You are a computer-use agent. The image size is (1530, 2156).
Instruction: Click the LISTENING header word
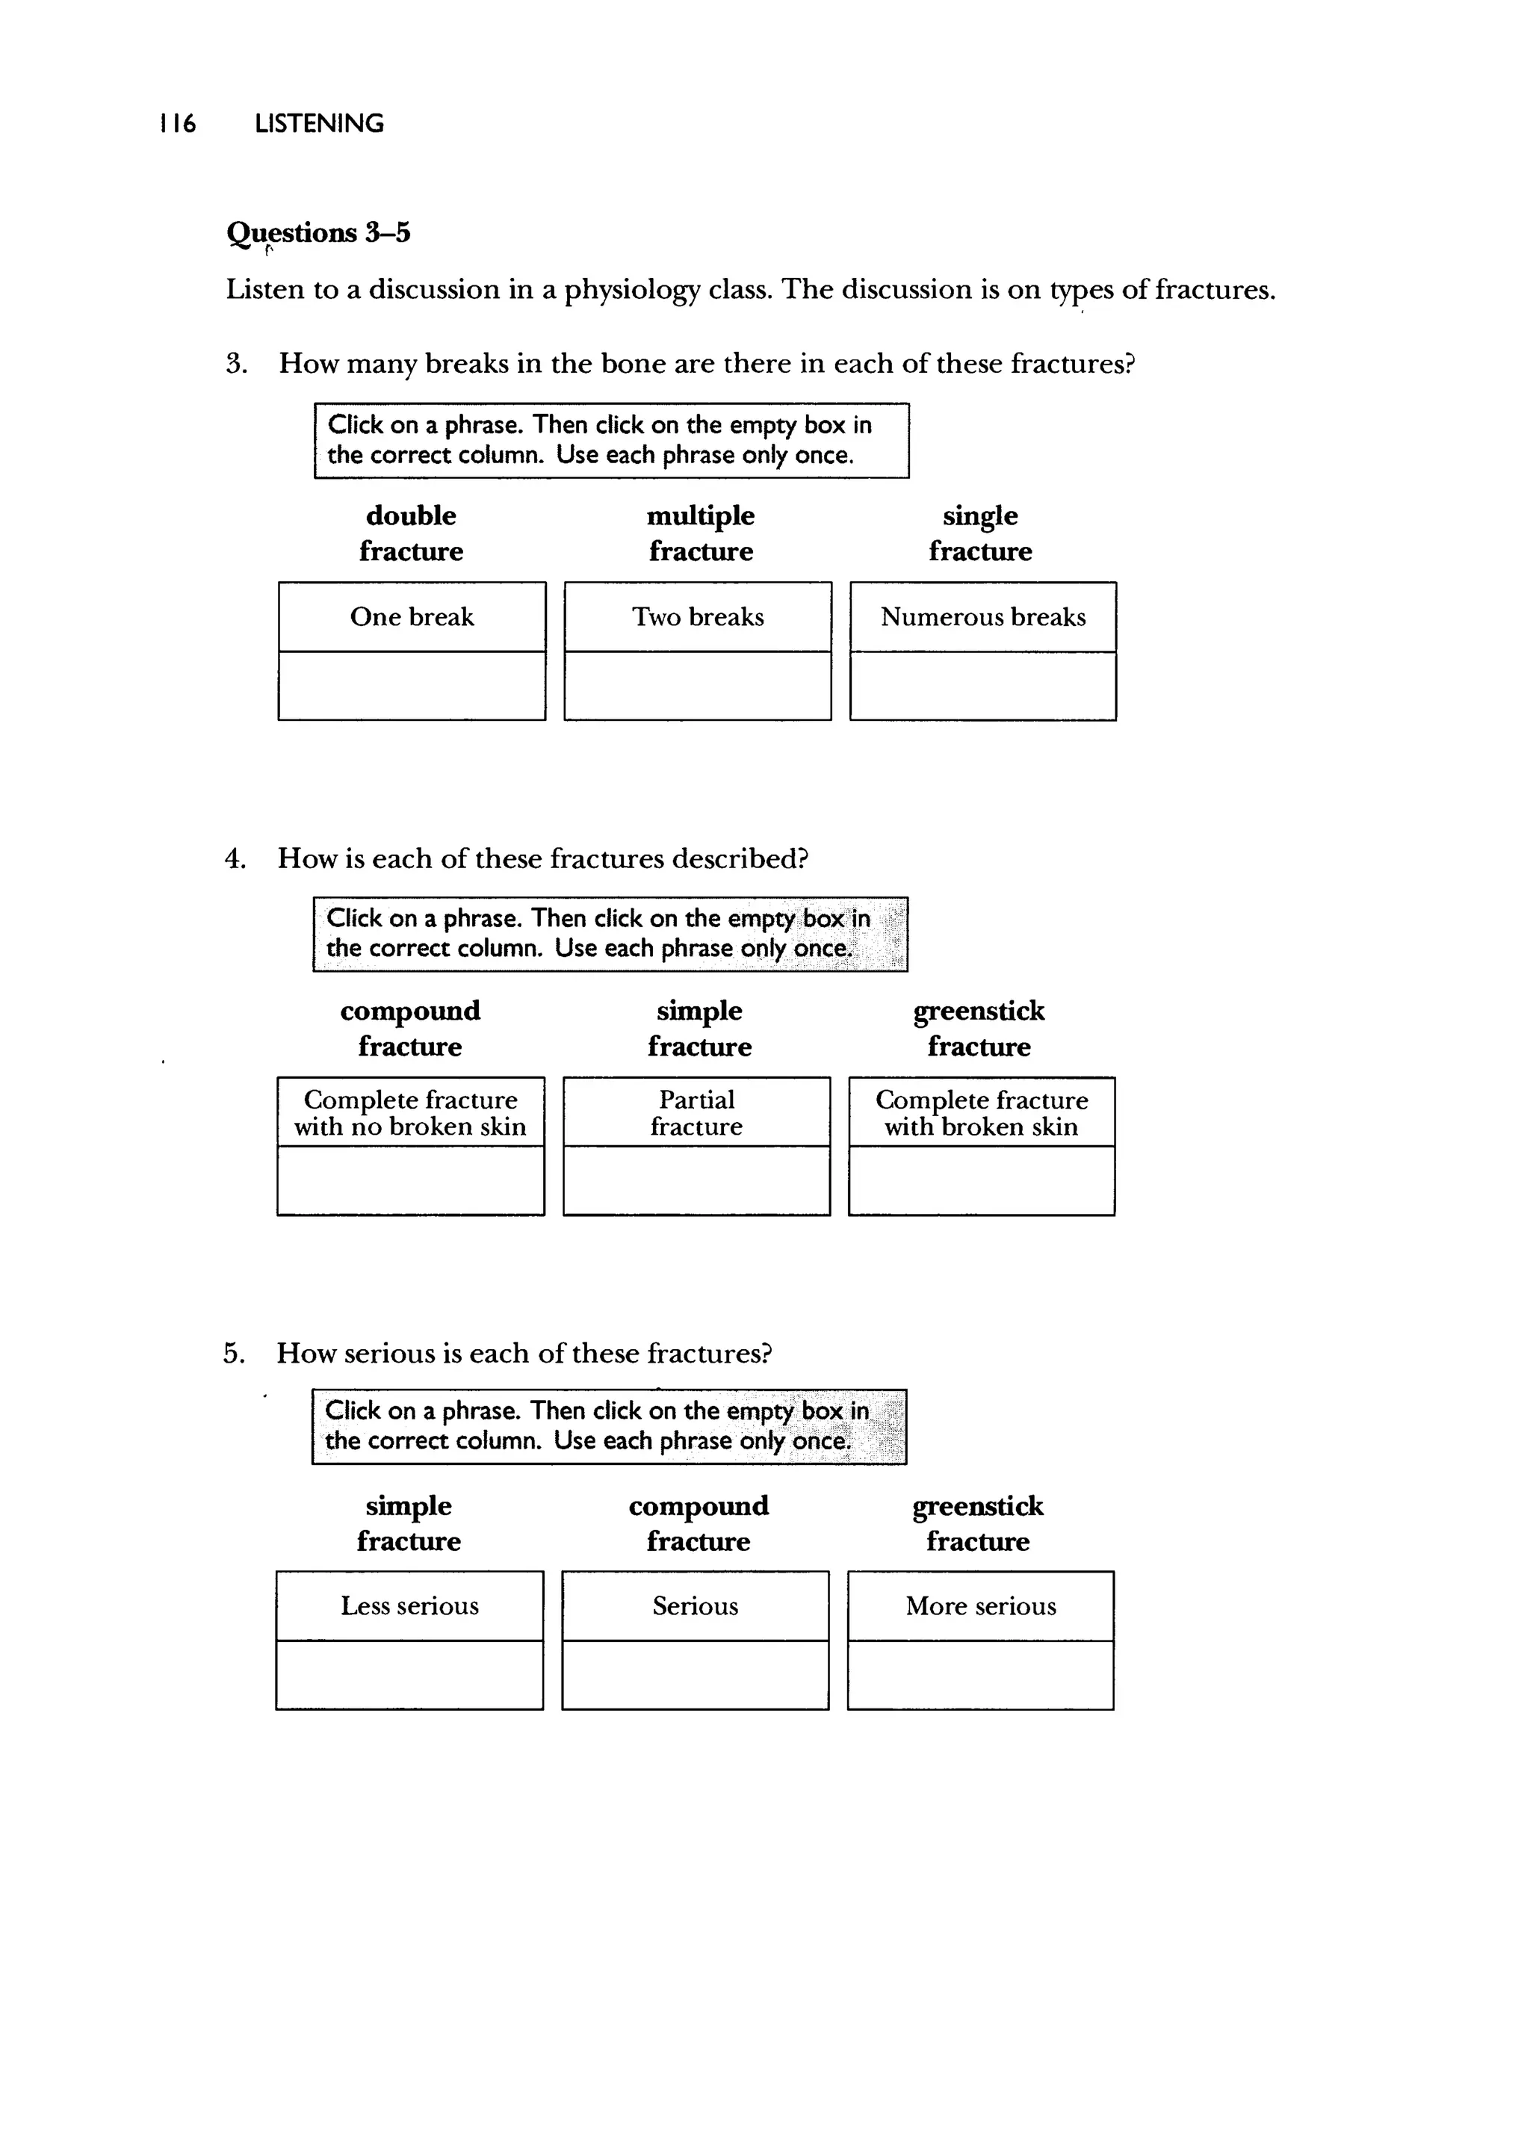(x=320, y=123)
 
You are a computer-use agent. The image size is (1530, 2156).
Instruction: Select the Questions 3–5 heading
(x=318, y=232)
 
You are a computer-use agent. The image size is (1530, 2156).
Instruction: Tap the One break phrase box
(x=412, y=617)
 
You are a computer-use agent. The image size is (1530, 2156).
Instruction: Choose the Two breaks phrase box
(x=697, y=617)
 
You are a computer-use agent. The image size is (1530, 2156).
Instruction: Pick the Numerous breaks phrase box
(x=982, y=617)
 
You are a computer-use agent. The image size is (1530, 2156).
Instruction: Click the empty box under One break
(x=412, y=686)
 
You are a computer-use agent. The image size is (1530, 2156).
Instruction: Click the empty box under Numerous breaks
(x=982, y=686)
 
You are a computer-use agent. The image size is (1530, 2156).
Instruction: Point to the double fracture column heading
(x=411, y=533)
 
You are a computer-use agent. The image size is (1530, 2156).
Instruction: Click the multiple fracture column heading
(x=700, y=533)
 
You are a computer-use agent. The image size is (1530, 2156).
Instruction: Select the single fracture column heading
(x=980, y=533)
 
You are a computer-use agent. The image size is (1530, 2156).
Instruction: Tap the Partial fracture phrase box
(x=696, y=1112)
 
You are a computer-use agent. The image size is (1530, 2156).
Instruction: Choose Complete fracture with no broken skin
(x=410, y=1112)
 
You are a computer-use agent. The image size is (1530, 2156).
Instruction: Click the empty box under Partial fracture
(x=696, y=1180)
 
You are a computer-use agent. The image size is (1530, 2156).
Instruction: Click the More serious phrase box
(x=981, y=1606)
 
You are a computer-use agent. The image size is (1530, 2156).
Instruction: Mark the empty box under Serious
(x=696, y=1675)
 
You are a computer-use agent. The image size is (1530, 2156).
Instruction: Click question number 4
(x=235, y=859)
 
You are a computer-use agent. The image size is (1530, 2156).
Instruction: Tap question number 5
(x=234, y=1354)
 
